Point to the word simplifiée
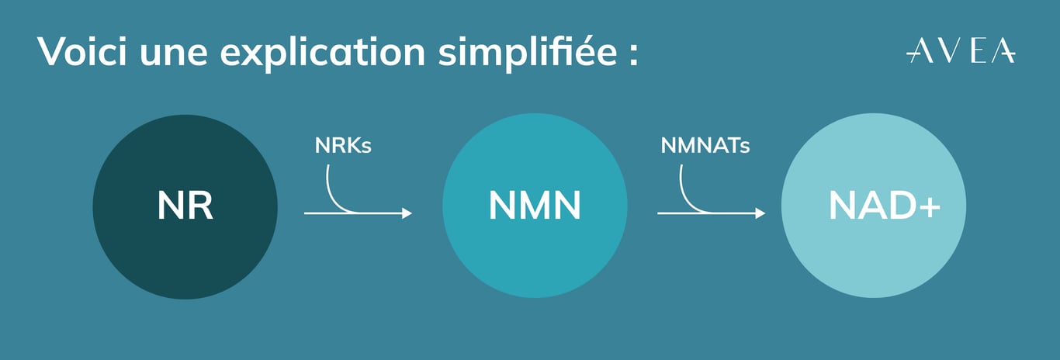pos(528,53)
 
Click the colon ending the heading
pos(634,55)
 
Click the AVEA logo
pos(961,51)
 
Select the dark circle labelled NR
pos(185,206)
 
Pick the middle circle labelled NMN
pos(535,206)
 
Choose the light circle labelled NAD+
pos(874,206)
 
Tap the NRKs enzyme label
pos(343,145)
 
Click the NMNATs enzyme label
pos(705,145)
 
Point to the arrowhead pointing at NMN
pos(407,213)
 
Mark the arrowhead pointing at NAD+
pos(760,213)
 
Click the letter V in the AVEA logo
pos(944,51)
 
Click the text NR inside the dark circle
pos(185,206)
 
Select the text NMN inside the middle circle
pos(535,206)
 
